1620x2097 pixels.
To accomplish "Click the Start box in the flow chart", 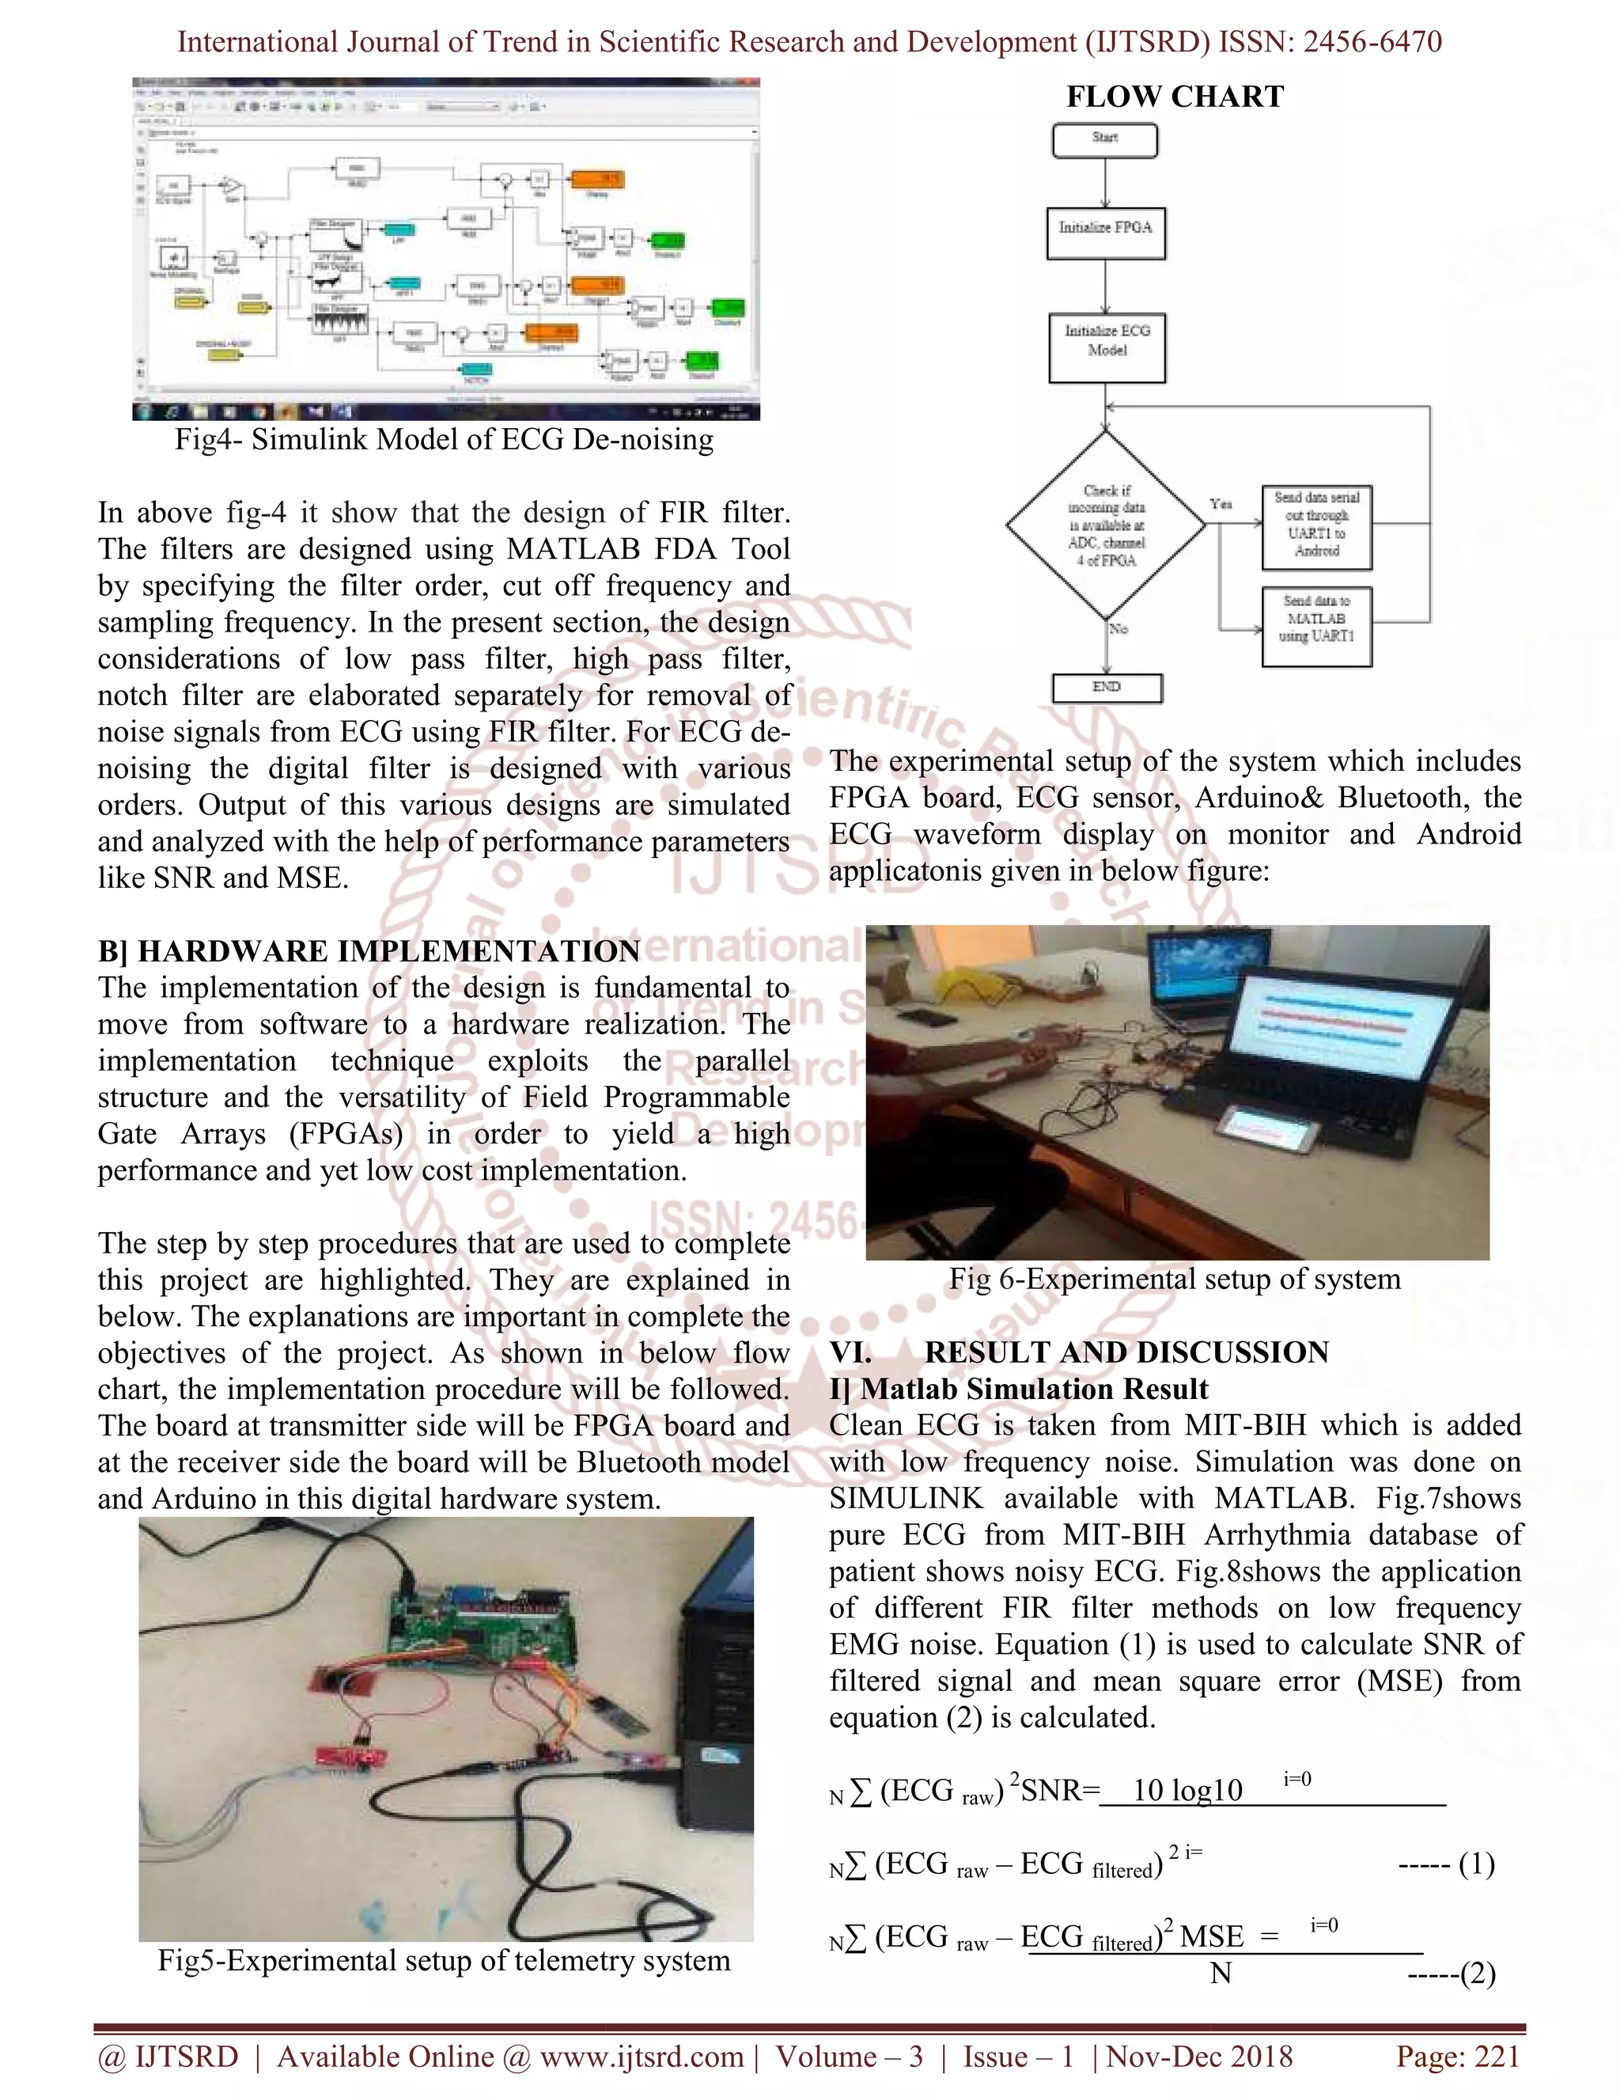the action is click(1104, 140).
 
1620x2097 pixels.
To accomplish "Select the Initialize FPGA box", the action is click(1106, 233).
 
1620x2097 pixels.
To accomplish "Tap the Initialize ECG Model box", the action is click(1107, 347).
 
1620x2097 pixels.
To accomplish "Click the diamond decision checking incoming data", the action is click(1106, 525).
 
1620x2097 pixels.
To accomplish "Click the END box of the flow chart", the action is click(1107, 688).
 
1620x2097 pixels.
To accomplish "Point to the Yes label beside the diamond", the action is click(1221, 504).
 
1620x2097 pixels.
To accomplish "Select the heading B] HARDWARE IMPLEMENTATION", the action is click(369, 950).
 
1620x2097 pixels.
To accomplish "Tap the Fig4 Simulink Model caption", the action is click(444, 440).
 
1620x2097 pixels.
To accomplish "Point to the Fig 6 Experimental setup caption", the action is click(1175, 1279).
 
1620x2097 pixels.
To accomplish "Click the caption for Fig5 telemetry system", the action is click(444, 1959).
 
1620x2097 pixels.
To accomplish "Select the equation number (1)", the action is click(1476, 1864).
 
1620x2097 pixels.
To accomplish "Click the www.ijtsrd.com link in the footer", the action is click(641, 2057).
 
